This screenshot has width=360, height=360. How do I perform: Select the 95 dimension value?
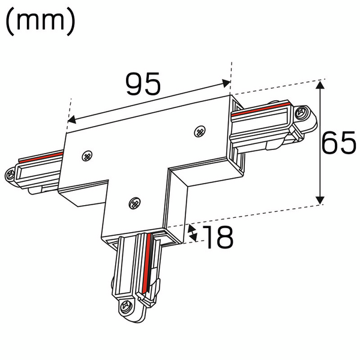coord(143,84)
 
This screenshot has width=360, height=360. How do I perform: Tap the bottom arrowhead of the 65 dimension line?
coord(321,199)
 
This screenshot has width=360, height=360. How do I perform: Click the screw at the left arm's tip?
coord(10,175)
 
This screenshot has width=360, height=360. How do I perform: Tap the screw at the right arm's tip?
coord(301,111)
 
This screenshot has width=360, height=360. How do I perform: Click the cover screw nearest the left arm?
coord(88,155)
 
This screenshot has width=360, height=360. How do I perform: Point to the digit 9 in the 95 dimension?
coord(133,84)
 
